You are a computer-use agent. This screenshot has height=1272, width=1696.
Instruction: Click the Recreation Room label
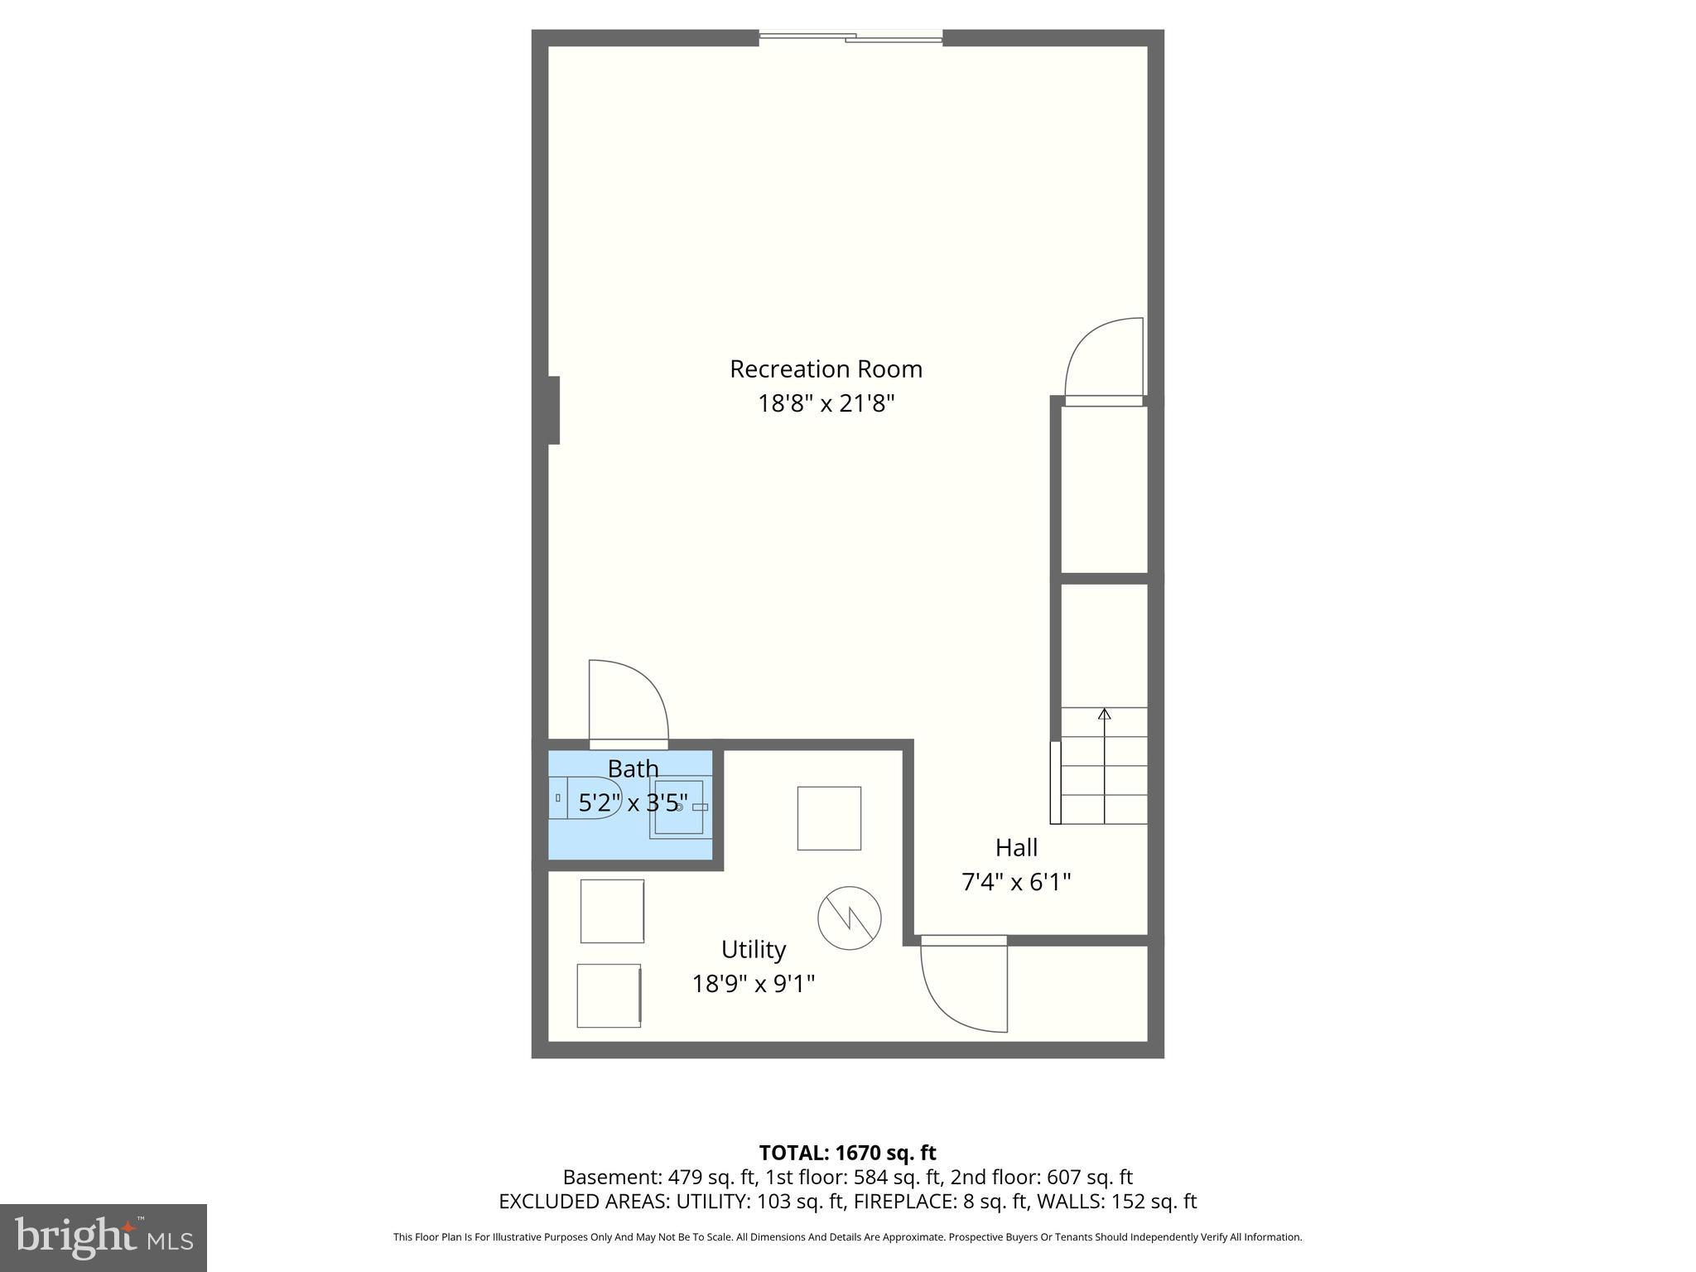point(826,369)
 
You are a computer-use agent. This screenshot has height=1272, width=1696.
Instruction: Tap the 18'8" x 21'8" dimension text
point(826,404)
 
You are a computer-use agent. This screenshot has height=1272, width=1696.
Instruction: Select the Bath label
point(634,768)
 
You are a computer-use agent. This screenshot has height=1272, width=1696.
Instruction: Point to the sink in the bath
point(680,807)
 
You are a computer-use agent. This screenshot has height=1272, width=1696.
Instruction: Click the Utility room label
point(753,949)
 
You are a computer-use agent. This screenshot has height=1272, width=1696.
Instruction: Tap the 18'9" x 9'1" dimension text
point(754,984)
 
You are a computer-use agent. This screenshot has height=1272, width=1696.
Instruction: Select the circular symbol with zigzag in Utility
point(849,918)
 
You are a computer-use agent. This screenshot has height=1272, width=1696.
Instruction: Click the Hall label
point(1016,848)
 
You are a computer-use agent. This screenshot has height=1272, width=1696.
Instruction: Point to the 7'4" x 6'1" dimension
point(1016,883)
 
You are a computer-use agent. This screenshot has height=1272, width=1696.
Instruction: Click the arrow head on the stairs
point(1104,713)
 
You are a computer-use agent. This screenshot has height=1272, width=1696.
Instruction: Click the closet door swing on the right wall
point(1105,361)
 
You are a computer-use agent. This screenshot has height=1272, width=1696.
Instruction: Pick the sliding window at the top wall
point(850,36)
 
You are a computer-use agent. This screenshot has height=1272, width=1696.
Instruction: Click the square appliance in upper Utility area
point(829,818)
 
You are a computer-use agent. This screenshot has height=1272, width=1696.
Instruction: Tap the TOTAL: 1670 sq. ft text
point(847,1153)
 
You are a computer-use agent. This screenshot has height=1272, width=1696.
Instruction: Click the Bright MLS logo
point(104,1237)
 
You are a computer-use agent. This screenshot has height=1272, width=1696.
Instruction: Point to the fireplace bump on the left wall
point(553,410)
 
